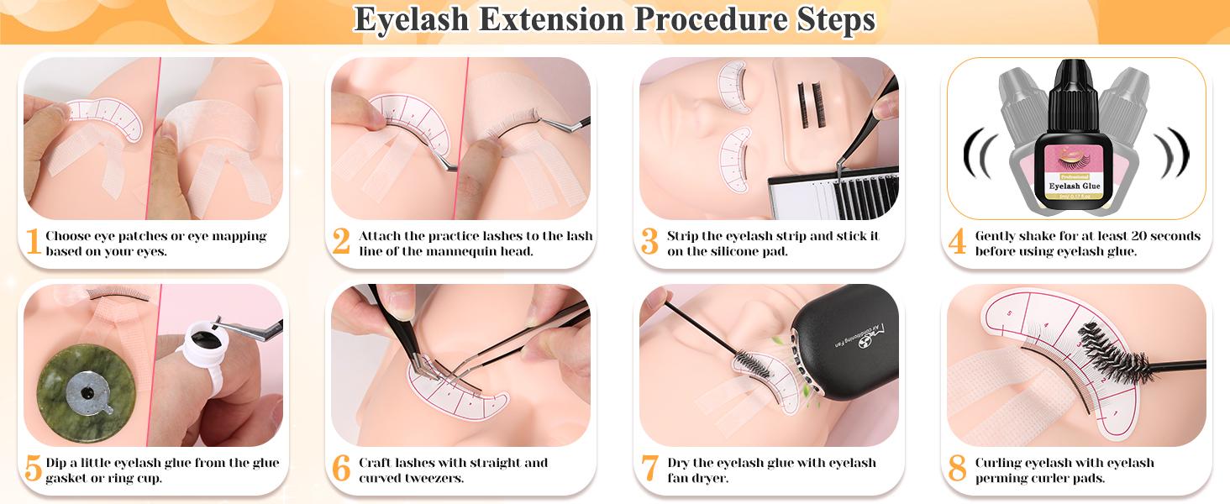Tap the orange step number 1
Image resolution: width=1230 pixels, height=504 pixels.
(33, 243)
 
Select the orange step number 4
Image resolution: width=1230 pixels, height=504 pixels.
(957, 243)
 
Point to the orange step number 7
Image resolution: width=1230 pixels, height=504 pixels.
(649, 469)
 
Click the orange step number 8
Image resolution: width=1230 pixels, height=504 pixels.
(957, 469)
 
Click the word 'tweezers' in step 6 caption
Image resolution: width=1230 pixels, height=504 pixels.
(428, 478)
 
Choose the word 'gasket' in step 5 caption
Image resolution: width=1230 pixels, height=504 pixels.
(69, 478)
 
